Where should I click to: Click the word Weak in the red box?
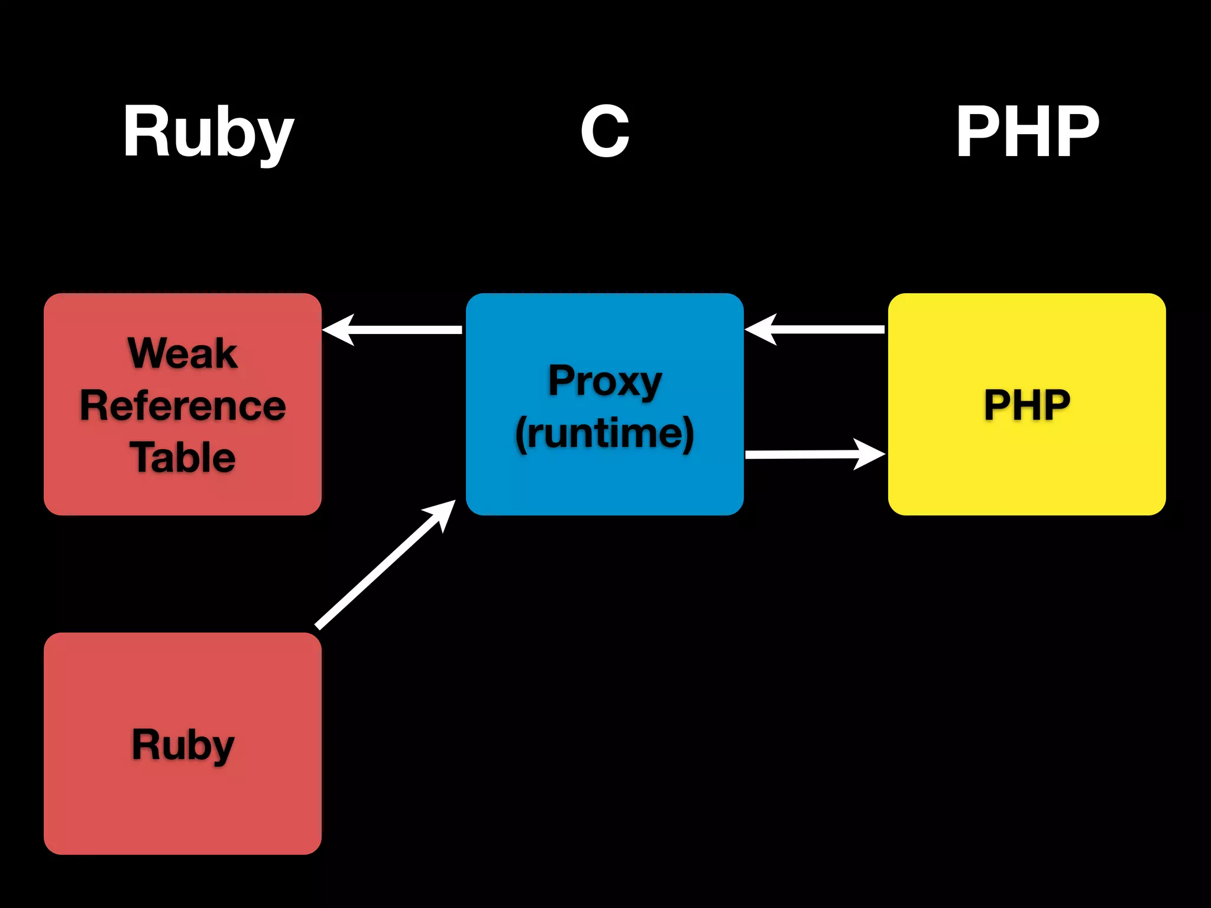tap(183, 354)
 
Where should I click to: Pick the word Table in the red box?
tap(183, 457)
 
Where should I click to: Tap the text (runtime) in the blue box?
tap(604, 433)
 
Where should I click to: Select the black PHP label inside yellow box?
tap(1027, 405)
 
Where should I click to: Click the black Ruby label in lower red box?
tap(183, 744)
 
